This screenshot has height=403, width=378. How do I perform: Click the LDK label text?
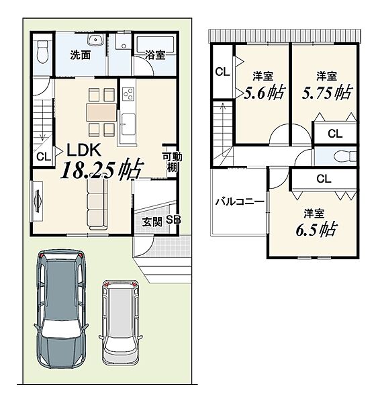[84, 150]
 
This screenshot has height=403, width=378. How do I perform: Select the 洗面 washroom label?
[81, 55]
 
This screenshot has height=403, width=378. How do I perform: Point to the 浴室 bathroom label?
[155, 55]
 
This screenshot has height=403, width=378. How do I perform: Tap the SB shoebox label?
[173, 220]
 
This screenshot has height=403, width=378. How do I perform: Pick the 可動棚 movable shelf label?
[172, 162]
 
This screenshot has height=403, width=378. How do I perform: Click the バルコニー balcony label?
[240, 201]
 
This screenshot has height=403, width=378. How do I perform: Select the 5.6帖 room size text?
[265, 93]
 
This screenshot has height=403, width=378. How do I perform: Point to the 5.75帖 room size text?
[327, 93]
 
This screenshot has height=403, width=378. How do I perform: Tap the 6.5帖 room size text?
[317, 230]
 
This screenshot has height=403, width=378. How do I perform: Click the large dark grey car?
[61, 309]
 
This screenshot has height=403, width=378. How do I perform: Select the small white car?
[121, 322]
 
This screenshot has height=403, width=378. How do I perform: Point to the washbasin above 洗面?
[95, 40]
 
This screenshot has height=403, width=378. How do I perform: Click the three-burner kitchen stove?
[128, 94]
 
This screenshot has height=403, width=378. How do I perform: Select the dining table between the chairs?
[101, 112]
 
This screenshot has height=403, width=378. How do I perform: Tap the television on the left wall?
[38, 201]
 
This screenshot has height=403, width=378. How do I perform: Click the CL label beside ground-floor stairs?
[44, 156]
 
